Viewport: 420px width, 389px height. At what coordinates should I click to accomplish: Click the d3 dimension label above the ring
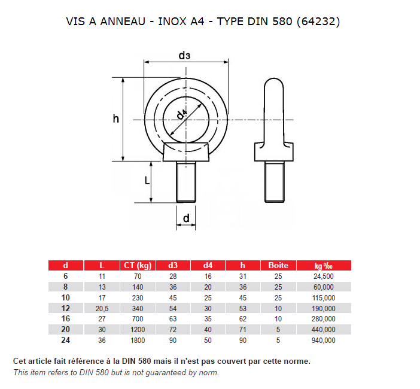pyautogui.click(x=184, y=56)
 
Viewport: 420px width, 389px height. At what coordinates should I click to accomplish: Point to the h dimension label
pyautogui.click(x=116, y=118)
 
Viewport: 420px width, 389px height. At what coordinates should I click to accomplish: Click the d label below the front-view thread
pyautogui.click(x=186, y=218)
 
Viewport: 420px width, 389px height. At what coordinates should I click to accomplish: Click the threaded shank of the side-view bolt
pyautogui.click(x=275, y=182)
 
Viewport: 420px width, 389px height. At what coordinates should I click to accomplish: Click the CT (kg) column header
pyautogui.click(x=137, y=266)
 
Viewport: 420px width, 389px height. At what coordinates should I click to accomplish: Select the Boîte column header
pyautogui.click(x=278, y=266)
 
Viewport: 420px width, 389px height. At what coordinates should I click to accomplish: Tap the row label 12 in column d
pyautogui.click(x=66, y=308)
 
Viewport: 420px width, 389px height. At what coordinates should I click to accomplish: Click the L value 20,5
pyautogui.click(x=102, y=308)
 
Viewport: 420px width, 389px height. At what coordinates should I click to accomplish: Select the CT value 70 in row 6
pyautogui.click(x=138, y=276)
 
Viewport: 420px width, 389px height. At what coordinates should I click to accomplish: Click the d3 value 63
pyautogui.click(x=172, y=319)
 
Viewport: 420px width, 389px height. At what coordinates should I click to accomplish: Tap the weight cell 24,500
pyautogui.click(x=324, y=276)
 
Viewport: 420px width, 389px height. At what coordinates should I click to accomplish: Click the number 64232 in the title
pyautogui.click(x=323, y=22)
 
